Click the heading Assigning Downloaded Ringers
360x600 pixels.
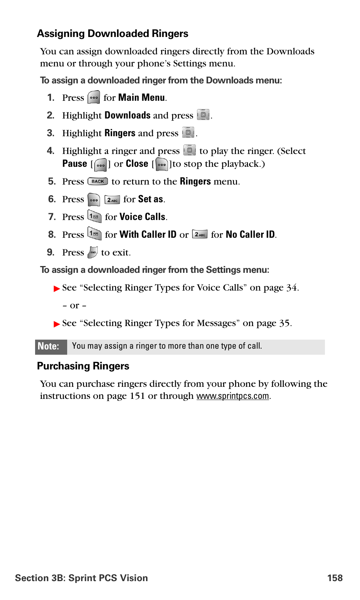(x=112, y=34)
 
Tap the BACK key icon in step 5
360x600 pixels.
(x=98, y=182)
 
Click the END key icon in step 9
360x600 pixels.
(x=93, y=252)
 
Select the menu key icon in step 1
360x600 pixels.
(x=94, y=97)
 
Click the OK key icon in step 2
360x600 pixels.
(x=203, y=114)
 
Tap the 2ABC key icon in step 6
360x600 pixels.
(x=112, y=200)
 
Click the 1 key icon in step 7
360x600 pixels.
(x=94, y=216)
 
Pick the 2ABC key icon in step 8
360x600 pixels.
(x=200, y=234)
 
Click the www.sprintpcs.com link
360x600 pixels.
(x=232, y=396)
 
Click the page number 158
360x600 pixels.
(x=335, y=578)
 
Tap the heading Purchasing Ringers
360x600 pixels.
(x=83, y=366)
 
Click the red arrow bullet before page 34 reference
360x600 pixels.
(x=57, y=289)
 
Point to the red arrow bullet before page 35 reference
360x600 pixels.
(x=57, y=324)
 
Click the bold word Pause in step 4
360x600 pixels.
(x=75, y=164)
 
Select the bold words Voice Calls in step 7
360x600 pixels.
(x=142, y=217)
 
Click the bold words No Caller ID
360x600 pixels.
(x=250, y=235)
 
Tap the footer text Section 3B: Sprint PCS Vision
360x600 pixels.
(x=82, y=578)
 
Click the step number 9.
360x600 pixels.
(x=51, y=252)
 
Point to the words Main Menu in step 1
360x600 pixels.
(x=142, y=98)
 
